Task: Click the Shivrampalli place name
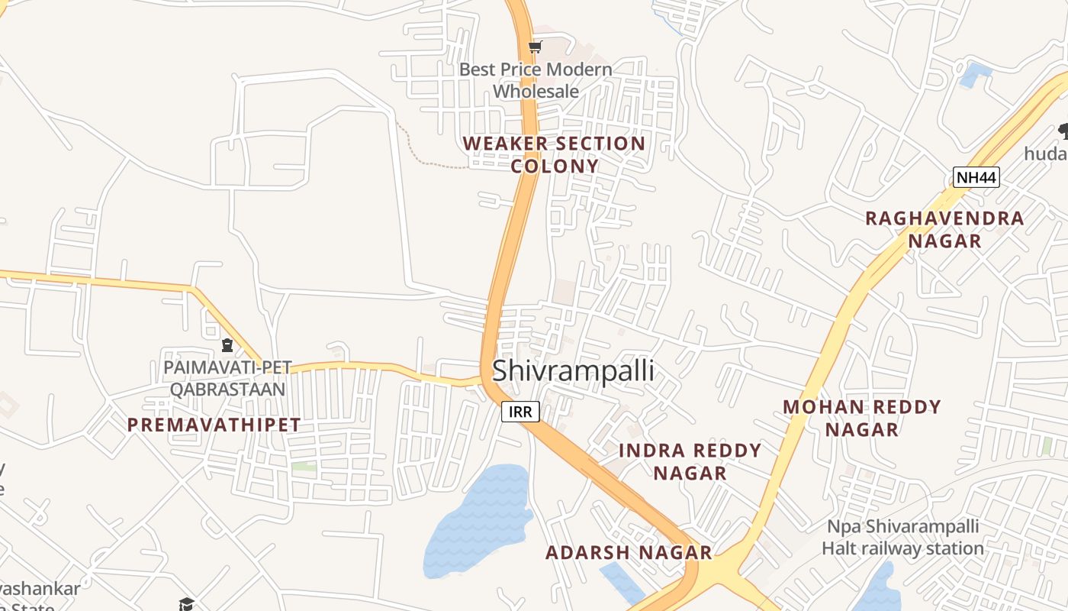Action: [573, 370]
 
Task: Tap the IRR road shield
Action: [520, 412]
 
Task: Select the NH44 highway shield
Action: [976, 178]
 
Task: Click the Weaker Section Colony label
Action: [554, 154]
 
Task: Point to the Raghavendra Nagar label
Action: [944, 229]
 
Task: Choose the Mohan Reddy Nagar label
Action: [862, 418]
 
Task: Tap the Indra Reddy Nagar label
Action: [690, 461]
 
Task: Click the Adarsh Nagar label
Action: [629, 552]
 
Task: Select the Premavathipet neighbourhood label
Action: [214, 425]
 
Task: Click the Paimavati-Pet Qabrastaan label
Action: [227, 378]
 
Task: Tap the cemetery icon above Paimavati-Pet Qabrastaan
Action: [227, 345]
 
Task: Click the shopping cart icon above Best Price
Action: [535, 47]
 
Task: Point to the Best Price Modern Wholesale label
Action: [536, 80]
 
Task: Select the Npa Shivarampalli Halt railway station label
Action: [902, 538]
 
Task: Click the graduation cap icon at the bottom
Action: [186, 604]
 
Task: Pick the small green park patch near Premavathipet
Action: [304, 466]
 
